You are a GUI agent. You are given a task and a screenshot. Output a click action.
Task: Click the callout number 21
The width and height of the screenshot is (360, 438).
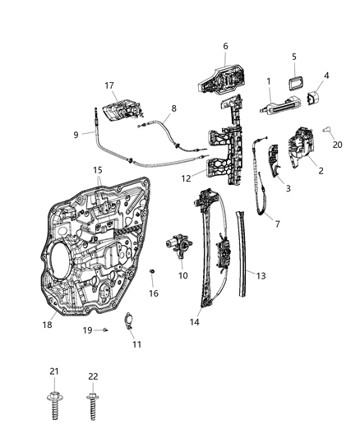54,373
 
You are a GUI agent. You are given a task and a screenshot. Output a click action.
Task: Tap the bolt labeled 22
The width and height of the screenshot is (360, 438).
92,403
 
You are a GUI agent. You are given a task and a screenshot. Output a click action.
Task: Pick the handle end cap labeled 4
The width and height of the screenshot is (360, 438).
313,99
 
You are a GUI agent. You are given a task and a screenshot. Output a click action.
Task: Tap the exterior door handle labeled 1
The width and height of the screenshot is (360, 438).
275,106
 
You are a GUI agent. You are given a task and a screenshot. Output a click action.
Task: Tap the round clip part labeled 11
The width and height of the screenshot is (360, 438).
129,321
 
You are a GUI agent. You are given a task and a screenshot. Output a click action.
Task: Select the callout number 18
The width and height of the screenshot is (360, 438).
48,325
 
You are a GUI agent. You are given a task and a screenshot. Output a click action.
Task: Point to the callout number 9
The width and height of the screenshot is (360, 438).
76,135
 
